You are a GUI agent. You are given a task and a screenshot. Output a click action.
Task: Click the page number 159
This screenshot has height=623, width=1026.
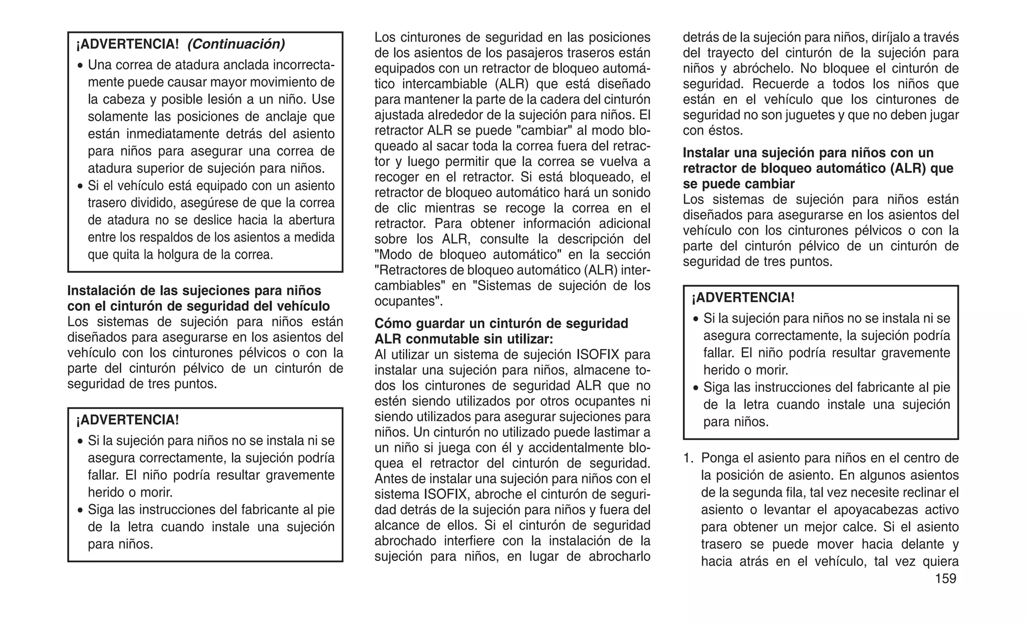click(945, 579)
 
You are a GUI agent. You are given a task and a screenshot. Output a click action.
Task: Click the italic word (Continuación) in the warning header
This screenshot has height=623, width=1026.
click(236, 44)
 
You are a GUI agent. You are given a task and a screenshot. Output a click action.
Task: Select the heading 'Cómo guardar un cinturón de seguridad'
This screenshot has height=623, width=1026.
click(501, 324)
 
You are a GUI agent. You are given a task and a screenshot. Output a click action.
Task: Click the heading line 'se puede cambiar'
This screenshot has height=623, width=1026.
click(738, 184)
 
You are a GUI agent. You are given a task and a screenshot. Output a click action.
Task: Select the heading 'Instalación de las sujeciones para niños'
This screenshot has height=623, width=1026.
click(194, 291)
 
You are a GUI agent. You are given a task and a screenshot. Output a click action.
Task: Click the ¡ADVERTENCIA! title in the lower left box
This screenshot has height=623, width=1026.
click(127, 420)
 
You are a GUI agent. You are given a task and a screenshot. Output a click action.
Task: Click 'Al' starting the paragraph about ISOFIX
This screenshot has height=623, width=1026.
click(381, 355)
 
